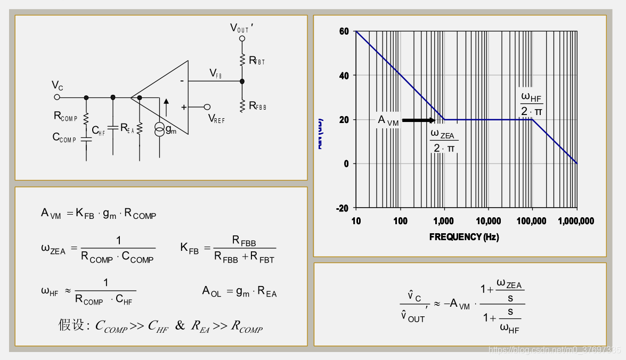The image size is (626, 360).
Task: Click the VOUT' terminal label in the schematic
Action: (x=241, y=28)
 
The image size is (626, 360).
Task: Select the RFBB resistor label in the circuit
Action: (x=257, y=106)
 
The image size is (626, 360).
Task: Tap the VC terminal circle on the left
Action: (x=57, y=97)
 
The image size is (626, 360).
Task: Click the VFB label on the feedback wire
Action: (x=215, y=73)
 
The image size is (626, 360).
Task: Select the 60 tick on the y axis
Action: (x=344, y=31)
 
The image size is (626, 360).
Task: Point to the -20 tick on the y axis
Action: (x=342, y=208)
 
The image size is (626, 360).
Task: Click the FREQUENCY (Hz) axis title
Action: (x=464, y=237)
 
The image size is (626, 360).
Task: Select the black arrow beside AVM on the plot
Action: (x=418, y=120)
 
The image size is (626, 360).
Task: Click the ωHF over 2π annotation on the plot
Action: (x=532, y=104)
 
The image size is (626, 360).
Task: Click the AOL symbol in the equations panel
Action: (x=212, y=291)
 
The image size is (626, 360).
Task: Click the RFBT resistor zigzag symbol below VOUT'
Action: (x=242, y=59)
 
